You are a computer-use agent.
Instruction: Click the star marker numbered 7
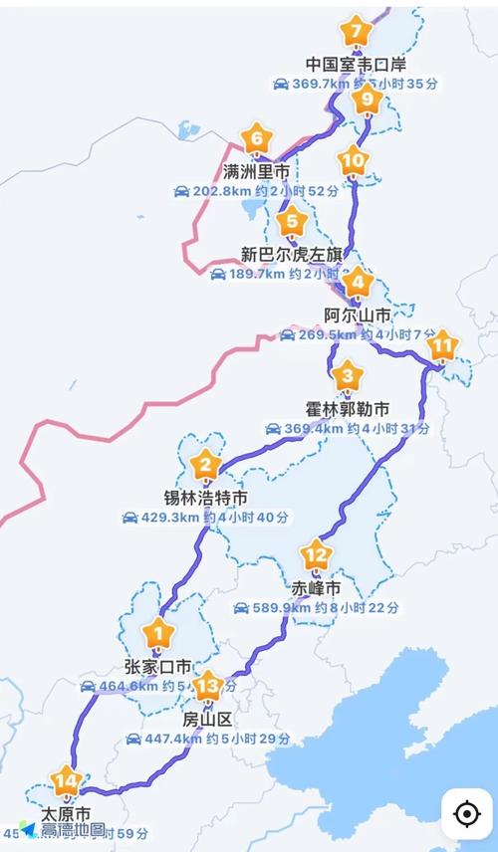pyautogui.click(x=356, y=33)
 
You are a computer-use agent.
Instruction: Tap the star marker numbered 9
pyautogui.click(x=368, y=99)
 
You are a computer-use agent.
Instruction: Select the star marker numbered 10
pyautogui.click(x=353, y=160)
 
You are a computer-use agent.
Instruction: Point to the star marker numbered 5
pyautogui.click(x=292, y=222)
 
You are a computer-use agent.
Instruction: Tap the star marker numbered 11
pyautogui.click(x=443, y=346)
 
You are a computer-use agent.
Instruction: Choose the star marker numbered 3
pyautogui.click(x=347, y=377)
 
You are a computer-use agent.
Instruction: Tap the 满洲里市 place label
pyautogui.click(x=257, y=172)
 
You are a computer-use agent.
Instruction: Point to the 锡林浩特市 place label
pyautogui.click(x=206, y=497)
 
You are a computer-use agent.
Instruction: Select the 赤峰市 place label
pyautogui.click(x=316, y=588)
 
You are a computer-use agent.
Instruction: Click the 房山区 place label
pyautogui.click(x=207, y=719)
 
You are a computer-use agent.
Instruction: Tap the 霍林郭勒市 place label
pyautogui.click(x=347, y=409)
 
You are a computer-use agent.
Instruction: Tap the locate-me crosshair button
pyautogui.click(x=466, y=813)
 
